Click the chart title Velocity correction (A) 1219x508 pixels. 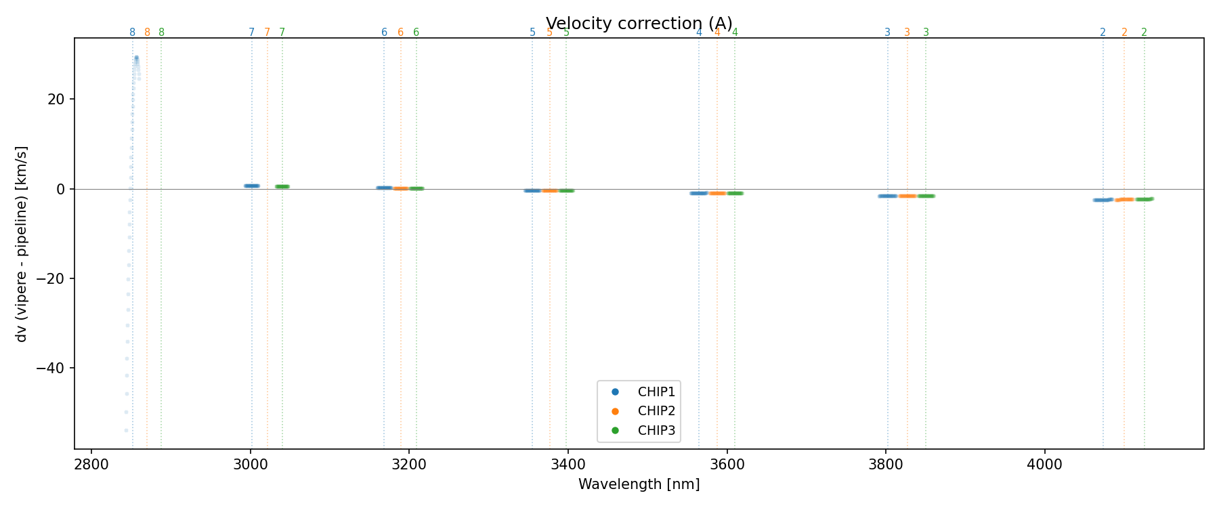639,24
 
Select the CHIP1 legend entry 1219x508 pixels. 656,391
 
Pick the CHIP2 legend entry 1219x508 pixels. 656,411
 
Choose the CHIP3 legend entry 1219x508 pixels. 656,430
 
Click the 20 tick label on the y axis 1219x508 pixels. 56,100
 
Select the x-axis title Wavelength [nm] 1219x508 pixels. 639,484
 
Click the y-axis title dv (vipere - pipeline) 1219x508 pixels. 22,244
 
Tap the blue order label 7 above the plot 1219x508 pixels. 252,33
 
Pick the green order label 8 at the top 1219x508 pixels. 161,33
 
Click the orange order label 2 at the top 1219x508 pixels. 1124,33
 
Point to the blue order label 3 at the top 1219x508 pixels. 887,33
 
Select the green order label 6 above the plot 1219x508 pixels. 416,33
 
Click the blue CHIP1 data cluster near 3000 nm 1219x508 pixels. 252,186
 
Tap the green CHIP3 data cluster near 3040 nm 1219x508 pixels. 282,186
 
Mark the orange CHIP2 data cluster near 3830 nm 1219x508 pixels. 907,196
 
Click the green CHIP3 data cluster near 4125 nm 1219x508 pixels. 1144,199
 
